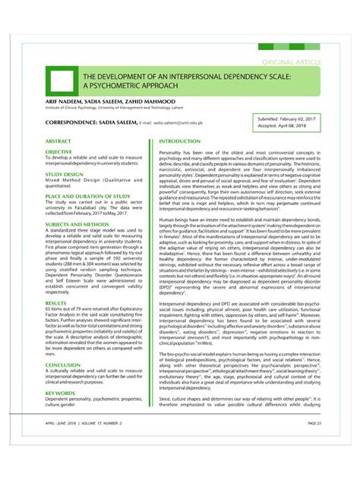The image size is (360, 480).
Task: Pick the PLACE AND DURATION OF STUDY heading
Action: click(88, 196)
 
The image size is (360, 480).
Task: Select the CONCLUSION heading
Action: click(63, 365)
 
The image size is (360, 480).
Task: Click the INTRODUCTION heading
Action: click(179, 141)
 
